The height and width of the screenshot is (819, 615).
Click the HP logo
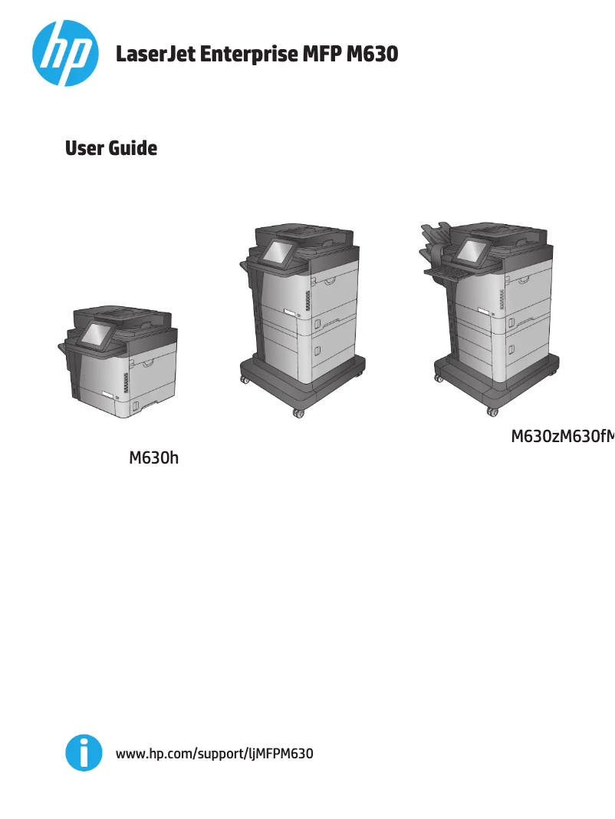point(65,53)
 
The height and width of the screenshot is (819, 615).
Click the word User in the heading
point(84,148)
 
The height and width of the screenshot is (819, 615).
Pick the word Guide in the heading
point(132,148)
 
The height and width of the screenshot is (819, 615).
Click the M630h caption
point(153,459)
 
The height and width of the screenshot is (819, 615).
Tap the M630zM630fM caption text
point(562,438)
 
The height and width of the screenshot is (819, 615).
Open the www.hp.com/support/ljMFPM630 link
point(214,754)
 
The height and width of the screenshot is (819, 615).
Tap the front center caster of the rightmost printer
point(492,411)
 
